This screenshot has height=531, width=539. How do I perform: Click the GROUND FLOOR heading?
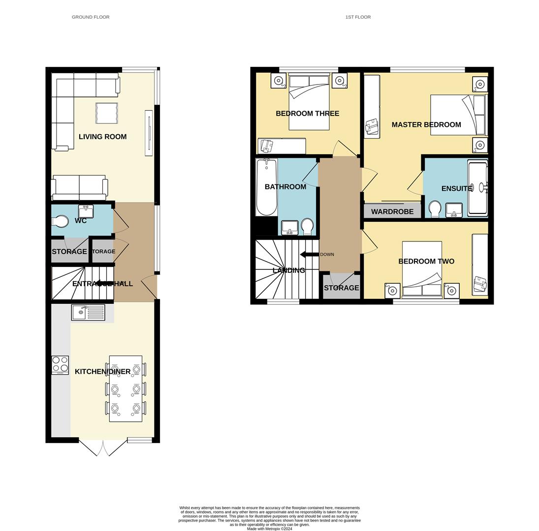pos(91,17)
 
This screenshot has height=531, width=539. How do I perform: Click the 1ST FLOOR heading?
pos(358,17)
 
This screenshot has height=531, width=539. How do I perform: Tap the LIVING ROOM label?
pos(102,137)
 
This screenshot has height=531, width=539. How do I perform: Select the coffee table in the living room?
pos(107,113)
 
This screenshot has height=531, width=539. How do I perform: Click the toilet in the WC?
pos(60,222)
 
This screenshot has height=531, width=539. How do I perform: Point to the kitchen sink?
pos(88,312)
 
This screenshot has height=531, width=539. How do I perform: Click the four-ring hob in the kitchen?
pos(60,365)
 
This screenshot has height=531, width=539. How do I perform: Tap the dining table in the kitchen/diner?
pos(126,388)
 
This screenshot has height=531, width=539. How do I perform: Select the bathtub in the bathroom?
pos(267,187)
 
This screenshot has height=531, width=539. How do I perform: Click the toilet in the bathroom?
pos(308,227)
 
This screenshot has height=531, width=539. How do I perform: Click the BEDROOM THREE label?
pos(307,114)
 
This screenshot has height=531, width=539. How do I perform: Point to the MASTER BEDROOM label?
pos(426,125)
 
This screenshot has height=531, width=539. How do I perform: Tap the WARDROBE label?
pos(392,212)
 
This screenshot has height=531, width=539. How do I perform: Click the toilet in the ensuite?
pos(435,209)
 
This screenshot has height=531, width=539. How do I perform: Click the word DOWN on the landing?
pos(327,255)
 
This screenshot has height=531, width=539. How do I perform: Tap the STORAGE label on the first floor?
pos(341,288)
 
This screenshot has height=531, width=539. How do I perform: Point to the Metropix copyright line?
pos(269,529)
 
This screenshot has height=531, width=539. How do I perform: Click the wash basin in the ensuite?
pos(454,210)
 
